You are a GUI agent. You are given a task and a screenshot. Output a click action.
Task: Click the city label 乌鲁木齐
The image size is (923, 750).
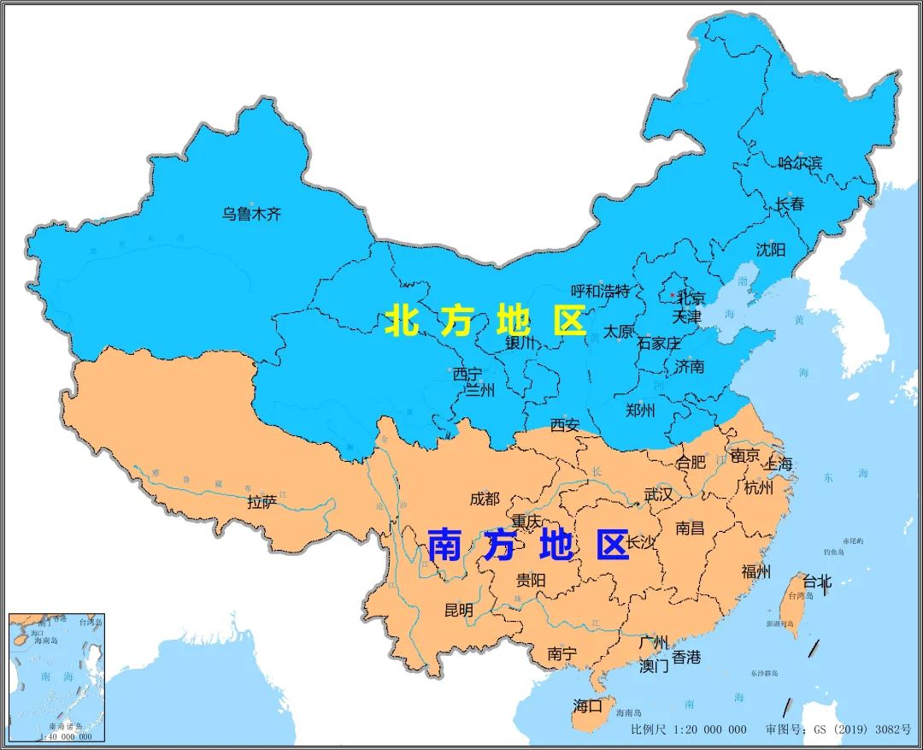pos(251,215)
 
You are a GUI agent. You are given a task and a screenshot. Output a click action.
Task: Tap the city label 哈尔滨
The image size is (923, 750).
pos(800,162)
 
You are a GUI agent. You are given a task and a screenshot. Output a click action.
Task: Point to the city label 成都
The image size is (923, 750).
pos(484,499)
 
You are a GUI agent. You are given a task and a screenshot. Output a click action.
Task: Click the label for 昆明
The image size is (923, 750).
pos(458,611)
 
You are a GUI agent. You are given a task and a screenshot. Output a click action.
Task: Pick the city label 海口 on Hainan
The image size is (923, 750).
pos(587,706)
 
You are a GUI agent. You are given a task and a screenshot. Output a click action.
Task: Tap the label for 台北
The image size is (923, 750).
pos(816,582)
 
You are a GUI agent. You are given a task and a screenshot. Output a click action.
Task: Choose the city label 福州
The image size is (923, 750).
pos(755,572)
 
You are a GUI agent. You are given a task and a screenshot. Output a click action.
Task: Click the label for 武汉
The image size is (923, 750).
pos(658,495)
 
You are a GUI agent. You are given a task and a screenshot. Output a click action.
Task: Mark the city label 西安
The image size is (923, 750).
pos(564,425)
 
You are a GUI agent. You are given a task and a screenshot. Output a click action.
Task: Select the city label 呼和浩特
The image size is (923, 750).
pos(600,292)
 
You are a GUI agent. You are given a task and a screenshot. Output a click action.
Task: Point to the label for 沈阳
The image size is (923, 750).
pos(769,250)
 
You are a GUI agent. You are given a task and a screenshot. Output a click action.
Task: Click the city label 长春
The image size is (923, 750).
pos(790,204)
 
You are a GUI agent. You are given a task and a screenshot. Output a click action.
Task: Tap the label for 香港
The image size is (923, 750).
pos(685,657)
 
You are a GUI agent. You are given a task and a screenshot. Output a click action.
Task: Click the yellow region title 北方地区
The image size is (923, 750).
pos(485,322)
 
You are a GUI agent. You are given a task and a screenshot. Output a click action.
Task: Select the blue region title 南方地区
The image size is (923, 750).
pos(527,545)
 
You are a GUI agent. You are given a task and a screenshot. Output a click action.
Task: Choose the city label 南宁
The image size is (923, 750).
pos(561,654)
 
